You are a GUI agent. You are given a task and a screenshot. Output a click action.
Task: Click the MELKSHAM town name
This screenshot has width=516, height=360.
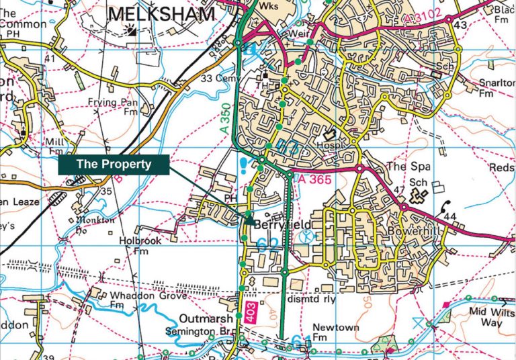click(161, 13)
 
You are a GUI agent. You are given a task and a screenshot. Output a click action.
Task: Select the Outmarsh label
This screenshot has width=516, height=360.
click(207, 318)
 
